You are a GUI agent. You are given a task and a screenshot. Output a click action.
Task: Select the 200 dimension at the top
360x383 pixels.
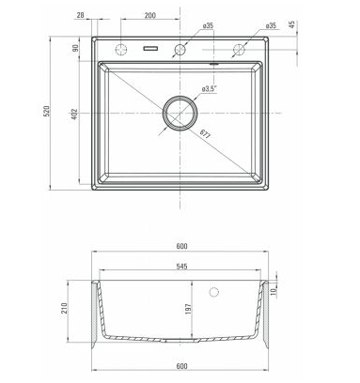[x=149, y=16]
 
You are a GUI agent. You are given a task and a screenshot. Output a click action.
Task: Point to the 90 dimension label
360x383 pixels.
[x=77, y=48]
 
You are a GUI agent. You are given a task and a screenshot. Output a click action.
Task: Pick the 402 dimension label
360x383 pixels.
[x=77, y=115]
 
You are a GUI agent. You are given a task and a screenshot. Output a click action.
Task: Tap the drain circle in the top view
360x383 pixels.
[x=180, y=113]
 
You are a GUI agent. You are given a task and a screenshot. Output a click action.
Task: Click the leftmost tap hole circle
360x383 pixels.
[x=121, y=48]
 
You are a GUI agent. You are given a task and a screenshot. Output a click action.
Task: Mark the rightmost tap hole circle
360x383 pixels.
[x=238, y=48]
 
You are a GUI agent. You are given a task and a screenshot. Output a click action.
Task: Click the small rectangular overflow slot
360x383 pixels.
[x=150, y=48]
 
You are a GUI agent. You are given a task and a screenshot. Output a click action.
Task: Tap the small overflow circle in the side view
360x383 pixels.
[x=220, y=293]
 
